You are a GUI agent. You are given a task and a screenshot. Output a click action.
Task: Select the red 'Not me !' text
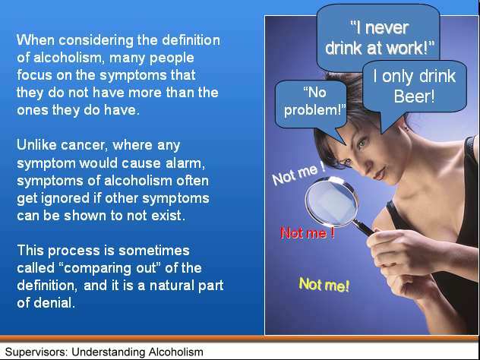click(x=308, y=233)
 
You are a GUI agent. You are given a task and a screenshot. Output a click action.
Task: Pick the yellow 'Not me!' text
click(x=324, y=284)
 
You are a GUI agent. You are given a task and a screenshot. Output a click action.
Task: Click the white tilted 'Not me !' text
click(x=298, y=174)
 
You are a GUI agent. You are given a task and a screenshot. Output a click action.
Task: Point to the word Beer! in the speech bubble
click(x=414, y=96)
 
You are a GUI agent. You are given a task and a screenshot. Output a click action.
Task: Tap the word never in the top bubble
click(x=387, y=28)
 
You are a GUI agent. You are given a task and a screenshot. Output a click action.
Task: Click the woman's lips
click(x=380, y=175)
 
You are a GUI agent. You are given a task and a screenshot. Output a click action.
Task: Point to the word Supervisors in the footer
click(x=36, y=352)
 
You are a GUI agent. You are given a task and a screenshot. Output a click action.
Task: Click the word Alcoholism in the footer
click(x=175, y=352)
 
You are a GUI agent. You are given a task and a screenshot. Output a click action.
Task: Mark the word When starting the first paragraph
click(x=32, y=40)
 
